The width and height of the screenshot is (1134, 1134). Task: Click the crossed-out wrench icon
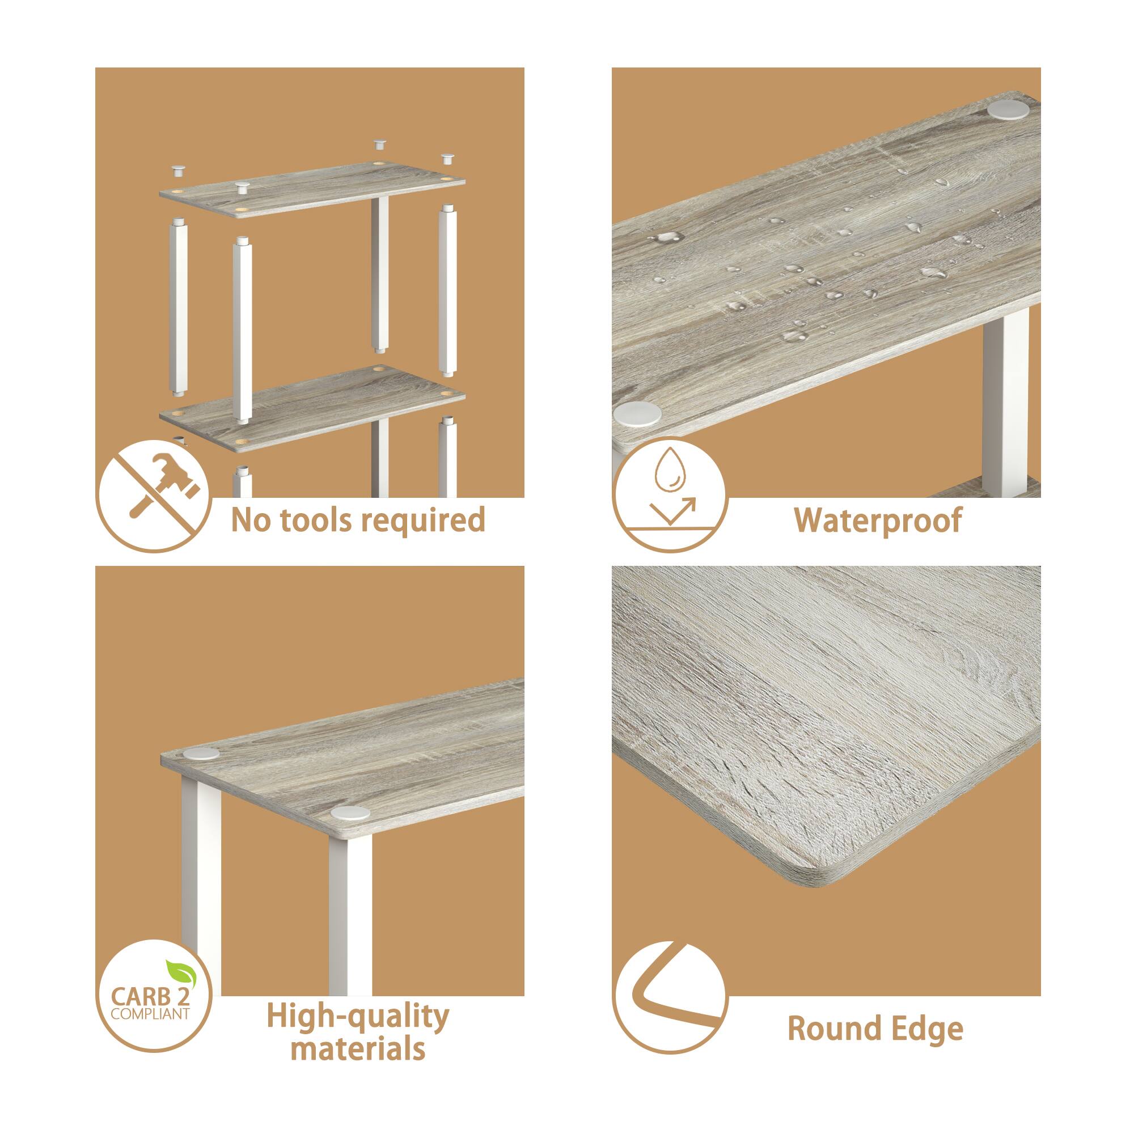[154, 496]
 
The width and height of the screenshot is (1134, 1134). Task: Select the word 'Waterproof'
[878, 521]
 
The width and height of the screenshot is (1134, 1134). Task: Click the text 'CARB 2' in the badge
[149, 997]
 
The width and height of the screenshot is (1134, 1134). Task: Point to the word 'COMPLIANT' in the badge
[150, 1014]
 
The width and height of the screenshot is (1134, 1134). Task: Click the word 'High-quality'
[357, 1017]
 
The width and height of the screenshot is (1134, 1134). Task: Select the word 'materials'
[357, 1050]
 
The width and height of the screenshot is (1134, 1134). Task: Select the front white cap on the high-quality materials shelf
[350, 813]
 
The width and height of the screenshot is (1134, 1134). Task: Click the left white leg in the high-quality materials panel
[201, 881]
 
